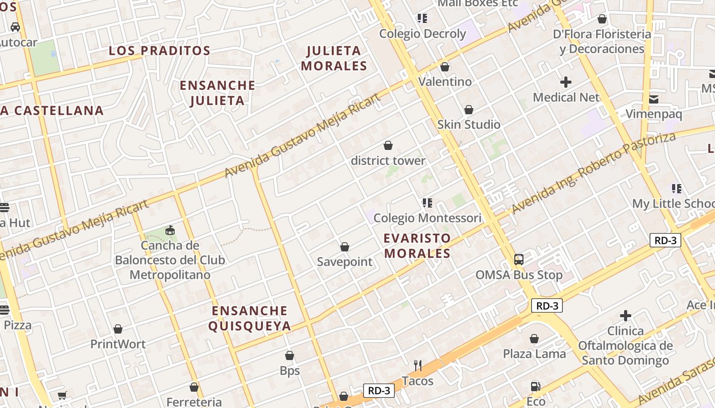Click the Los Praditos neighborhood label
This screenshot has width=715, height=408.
point(159,51)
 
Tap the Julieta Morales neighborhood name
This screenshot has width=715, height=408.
point(334,58)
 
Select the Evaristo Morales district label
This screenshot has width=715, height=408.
point(417,246)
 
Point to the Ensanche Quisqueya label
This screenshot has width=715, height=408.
point(250,318)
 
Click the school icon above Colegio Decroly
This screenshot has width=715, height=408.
point(422,19)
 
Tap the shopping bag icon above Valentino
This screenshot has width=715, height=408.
point(445,67)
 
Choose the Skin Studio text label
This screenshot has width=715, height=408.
point(468,124)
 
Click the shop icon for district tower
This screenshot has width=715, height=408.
point(388,146)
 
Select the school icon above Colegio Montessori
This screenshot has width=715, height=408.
point(427,203)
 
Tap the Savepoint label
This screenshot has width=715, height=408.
point(345,262)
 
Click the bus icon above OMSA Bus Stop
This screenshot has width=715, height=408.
point(519,260)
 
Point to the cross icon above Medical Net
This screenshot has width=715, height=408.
point(566,82)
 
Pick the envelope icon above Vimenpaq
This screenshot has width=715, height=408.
point(654,99)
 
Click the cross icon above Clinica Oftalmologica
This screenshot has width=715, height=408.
point(626,316)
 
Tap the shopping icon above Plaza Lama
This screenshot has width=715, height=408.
point(534,339)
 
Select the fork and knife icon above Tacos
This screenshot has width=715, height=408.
point(418,366)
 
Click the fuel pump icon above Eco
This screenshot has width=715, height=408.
point(536,387)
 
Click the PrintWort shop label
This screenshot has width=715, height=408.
point(118,344)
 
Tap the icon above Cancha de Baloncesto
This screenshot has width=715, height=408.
point(170,231)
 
